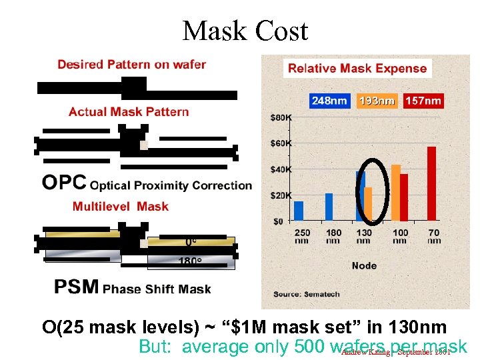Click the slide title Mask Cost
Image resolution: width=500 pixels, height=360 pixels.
pyautogui.click(x=245, y=31)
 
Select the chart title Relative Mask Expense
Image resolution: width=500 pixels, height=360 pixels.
pyautogui.click(x=357, y=68)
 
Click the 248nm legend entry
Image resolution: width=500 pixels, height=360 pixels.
pyautogui.click(x=329, y=101)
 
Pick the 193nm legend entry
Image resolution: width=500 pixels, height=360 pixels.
pyautogui.click(x=377, y=101)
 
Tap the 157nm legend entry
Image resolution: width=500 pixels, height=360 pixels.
pyautogui.click(x=423, y=101)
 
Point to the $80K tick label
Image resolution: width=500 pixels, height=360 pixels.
pyautogui.click(x=281, y=118)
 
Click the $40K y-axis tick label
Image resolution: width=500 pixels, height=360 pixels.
pyautogui.click(x=281, y=169)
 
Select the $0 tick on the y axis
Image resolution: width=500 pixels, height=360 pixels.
pyautogui.click(x=277, y=221)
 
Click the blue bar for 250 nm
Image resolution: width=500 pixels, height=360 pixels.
pyautogui.click(x=299, y=211)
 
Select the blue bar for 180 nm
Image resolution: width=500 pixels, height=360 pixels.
pyautogui.click(x=329, y=207)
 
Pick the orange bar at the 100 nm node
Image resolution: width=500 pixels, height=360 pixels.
pyautogui.click(x=395, y=192)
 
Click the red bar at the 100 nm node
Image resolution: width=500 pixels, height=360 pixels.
pyautogui.click(x=404, y=197)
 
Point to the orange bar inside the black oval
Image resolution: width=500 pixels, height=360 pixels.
pyautogui.click(x=368, y=203)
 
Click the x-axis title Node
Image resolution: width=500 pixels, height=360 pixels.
pyautogui.click(x=364, y=265)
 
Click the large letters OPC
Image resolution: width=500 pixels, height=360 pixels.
pyautogui.click(x=64, y=182)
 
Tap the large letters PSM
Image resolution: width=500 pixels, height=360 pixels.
pyautogui.click(x=77, y=287)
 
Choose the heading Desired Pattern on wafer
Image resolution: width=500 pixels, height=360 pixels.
pyautogui.click(x=131, y=65)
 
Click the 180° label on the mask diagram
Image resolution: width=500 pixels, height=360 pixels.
pyautogui.click(x=189, y=261)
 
